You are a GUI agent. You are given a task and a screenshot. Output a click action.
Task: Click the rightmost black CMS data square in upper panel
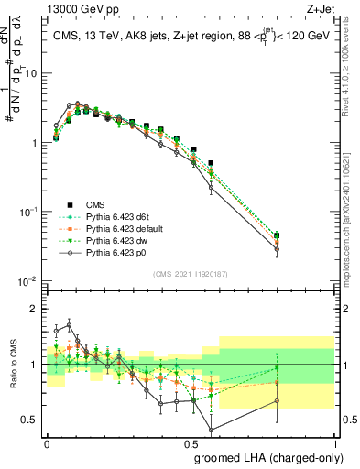(x=277, y=235)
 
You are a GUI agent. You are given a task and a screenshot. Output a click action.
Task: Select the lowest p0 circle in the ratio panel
(x=212, y=430)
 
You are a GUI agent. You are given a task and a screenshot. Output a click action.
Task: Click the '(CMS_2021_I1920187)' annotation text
(x=190, y=273)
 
